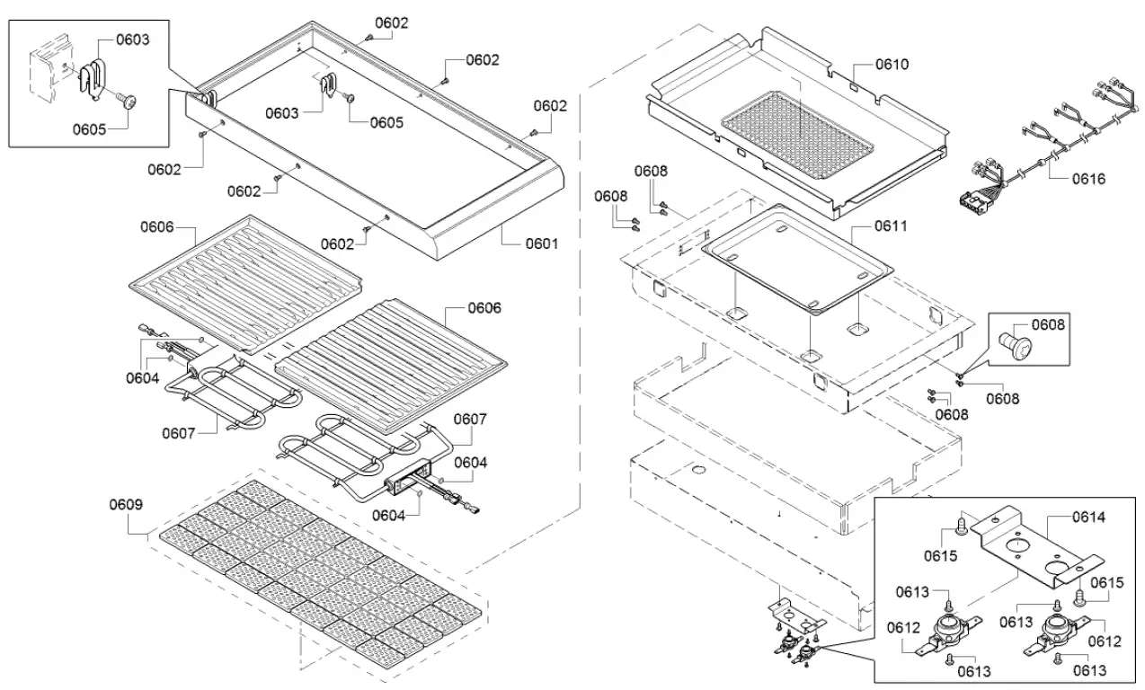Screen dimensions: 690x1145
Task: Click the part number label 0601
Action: coord(541,243)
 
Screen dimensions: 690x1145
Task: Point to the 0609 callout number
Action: coord(126,504)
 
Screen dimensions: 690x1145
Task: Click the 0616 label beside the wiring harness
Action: coord(1088,178)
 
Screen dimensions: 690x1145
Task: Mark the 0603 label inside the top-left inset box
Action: coord(132,40)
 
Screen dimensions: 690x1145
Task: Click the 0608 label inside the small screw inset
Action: coord(1046,323)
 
